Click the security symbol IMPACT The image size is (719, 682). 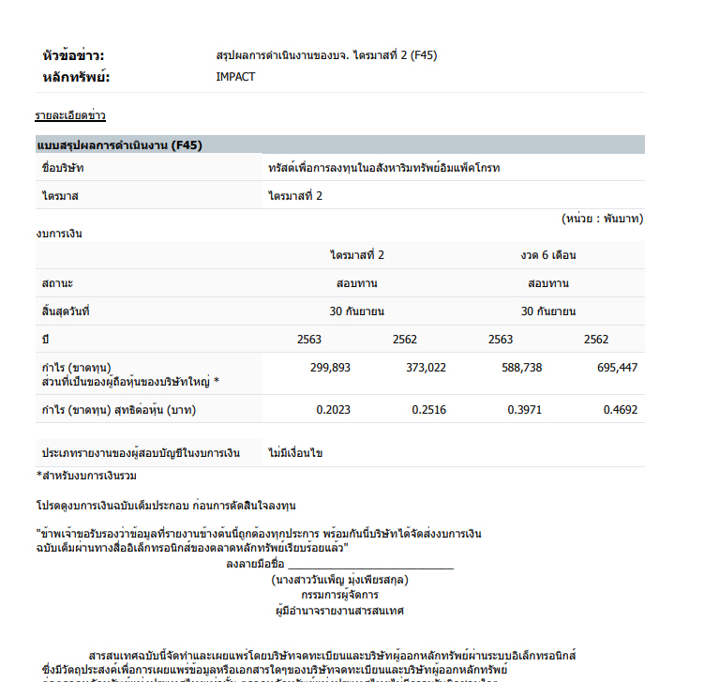(235, 77)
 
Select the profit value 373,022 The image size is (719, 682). (426, 368)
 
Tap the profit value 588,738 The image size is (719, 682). (522, 368)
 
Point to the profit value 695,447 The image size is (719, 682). (617, 368)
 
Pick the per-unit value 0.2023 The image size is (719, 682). (333, 410)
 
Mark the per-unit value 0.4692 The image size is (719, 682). (621, 410)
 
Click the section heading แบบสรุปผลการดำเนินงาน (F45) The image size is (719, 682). (118, 145)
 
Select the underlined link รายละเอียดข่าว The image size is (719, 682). (70, 115)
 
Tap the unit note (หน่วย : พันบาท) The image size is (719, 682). (602, 219)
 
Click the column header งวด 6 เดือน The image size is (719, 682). (548, 255)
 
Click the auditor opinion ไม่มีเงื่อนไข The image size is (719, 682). (295, 453)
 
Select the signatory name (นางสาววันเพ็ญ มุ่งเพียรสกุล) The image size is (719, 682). (339, 580)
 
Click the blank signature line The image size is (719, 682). (370, 565)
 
